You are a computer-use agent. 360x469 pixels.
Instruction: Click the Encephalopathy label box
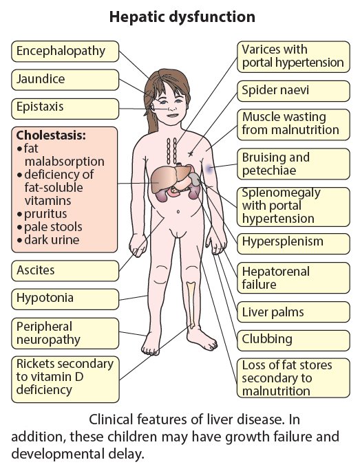pos(65,51)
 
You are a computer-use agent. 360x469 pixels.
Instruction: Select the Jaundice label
pos(65,80)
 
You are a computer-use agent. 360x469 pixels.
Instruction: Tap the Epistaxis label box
pos(65,107)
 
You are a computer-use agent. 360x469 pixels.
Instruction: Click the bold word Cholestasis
pos(51,135)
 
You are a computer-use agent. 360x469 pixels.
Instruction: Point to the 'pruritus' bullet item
pos(42,214)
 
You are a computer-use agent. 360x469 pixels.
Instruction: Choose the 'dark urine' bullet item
pos(48,240)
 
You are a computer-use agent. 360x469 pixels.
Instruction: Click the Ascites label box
pos(65,271)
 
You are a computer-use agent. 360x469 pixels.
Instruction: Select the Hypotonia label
pos(65,299)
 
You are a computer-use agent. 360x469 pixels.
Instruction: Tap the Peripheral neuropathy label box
pos(65,334)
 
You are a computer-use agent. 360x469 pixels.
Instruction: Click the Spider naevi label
pos(293,91)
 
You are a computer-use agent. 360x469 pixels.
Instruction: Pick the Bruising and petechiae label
pos(293,164)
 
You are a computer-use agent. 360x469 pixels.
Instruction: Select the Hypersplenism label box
pos(293,241)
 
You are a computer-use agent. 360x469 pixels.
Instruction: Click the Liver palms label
pos(293,312)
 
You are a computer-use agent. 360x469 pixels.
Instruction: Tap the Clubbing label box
pos(293,340)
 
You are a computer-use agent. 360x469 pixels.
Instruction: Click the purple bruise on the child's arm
pos(209,170)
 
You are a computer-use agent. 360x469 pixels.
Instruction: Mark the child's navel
pos(178,212)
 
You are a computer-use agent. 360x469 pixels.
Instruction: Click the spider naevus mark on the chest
pos(190,154)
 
